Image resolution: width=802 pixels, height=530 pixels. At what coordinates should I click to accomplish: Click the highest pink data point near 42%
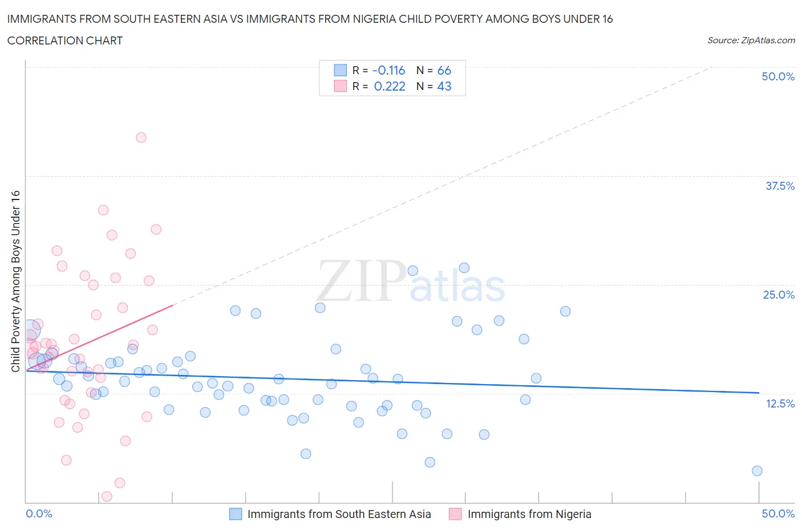coord(141,137)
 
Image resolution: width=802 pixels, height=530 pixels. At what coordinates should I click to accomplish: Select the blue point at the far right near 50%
coord(757,471)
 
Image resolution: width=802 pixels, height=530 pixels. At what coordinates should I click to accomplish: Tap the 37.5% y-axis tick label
coord(780,186)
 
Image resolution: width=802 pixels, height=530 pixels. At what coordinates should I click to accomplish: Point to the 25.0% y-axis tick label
coord(779,295)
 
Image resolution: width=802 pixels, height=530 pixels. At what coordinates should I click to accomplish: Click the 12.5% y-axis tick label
coord(780,403)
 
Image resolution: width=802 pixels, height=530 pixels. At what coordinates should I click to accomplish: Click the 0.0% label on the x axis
coord(39,513)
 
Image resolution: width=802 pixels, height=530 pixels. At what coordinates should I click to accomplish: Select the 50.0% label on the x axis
coord(778,513)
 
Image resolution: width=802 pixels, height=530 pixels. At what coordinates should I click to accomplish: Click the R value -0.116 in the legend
coord(388,70)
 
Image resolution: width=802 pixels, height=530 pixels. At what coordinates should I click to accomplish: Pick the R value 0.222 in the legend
coord(390,86)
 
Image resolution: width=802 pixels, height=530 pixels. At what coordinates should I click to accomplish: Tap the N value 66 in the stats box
coord(444,70)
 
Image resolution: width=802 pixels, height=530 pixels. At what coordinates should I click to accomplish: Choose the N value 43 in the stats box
coord(444,86)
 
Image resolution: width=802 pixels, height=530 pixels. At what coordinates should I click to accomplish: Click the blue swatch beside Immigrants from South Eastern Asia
coord(236,514)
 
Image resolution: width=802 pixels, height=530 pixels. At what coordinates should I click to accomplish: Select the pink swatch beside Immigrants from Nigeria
coord(455,514)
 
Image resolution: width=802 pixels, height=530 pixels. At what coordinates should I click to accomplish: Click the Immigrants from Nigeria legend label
coord(529,514)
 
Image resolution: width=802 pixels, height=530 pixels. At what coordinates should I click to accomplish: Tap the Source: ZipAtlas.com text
coord(751,40)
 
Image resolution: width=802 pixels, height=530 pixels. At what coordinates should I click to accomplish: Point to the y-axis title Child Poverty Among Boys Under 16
coord(16,281)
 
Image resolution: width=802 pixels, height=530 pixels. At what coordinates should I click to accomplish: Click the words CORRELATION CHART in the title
coord(65,40)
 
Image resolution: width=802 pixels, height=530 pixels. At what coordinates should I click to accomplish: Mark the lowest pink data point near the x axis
coord(107,496)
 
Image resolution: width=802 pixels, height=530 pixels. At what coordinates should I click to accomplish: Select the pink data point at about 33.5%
coord(103,210)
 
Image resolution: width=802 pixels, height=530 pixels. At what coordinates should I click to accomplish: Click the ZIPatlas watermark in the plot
coord(411,282)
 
